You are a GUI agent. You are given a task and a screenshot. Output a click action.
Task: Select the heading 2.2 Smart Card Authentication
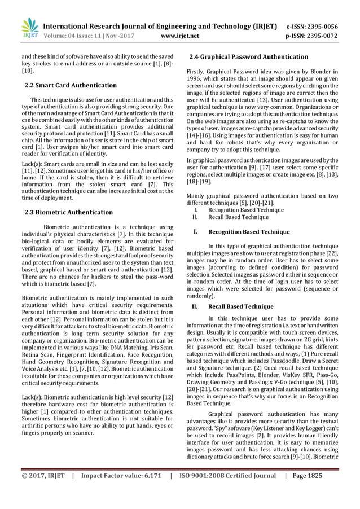click(71, 85)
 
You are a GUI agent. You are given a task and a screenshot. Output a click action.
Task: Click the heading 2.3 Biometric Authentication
click(69, 212)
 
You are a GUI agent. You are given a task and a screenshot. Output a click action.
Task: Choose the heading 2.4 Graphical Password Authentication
click(249, 57)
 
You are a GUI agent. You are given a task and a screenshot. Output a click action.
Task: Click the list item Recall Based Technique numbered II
click(239, 217)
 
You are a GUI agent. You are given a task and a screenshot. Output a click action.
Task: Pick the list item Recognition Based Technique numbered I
click(246, 209)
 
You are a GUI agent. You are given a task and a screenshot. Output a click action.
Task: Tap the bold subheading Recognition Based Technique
click(249, 231)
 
